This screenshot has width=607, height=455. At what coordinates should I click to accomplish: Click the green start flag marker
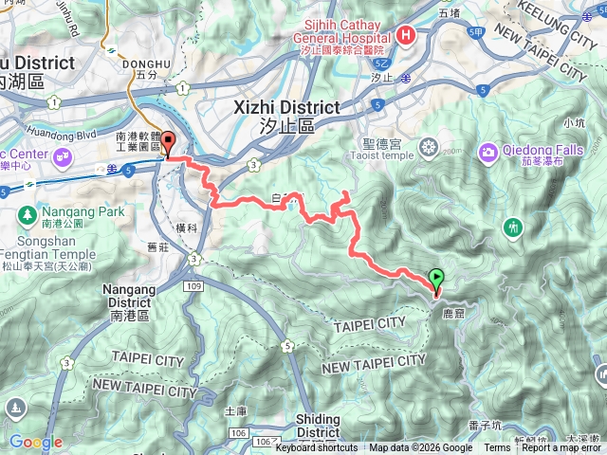pyautogui.click(x=436, y=279)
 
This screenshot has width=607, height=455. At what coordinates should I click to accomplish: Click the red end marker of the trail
pyautogui.click(x=170, y=144)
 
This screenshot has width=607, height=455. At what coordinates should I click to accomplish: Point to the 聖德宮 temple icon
pyautogui.click(x=430, y=147)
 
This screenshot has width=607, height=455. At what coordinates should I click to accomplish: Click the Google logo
pyautogui.click(x=35, y=442)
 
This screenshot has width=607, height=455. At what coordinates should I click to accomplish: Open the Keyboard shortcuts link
pyautogui.click(x=316, y=448)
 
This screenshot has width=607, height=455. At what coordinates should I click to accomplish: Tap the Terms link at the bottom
pyautogui.click(x=497, y=448)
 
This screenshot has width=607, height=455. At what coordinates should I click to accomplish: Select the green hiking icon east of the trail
pyautogui.click(x=513, y=227)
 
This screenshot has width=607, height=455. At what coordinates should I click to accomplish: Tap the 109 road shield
pyautogui.click(x=194, y=284)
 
